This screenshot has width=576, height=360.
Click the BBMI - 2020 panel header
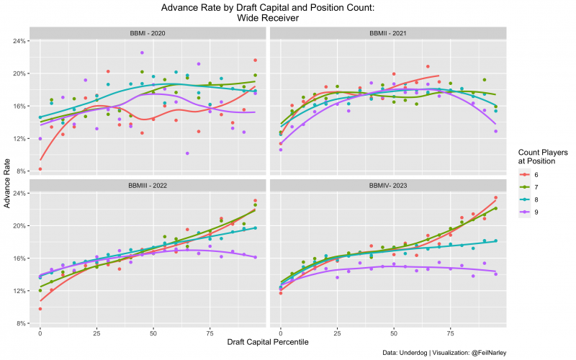148,33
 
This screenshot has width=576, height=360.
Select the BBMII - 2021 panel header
387,33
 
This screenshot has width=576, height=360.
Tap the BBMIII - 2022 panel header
148,185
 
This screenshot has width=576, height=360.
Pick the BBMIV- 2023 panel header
387,185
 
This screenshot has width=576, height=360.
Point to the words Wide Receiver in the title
268,18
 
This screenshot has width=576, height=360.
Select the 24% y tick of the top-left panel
20,41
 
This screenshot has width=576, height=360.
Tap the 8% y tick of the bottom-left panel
22,323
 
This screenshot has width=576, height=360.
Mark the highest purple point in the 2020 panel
142,53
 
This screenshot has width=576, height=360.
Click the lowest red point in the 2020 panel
40,169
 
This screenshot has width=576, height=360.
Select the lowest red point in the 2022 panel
40,309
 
